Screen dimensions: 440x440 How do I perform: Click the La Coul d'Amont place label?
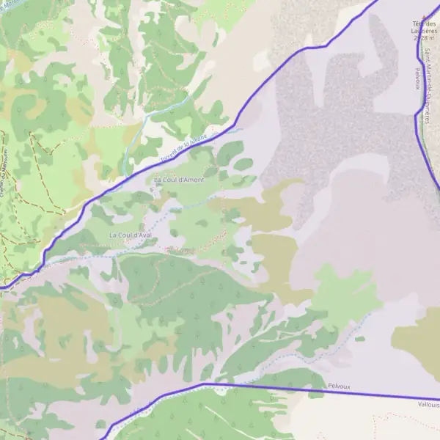(x=179, y=179)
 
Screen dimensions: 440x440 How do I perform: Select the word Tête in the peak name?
(x=418, y=22)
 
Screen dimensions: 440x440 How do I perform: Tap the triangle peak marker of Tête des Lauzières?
(x=423, y=15)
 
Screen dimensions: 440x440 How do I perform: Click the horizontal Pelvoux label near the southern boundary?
(x=339, y=385)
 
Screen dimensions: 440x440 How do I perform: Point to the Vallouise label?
(x=428, y=404)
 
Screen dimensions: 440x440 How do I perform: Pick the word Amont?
(x=192, y=179)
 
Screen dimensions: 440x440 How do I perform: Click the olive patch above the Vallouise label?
(x=418, y=341)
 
